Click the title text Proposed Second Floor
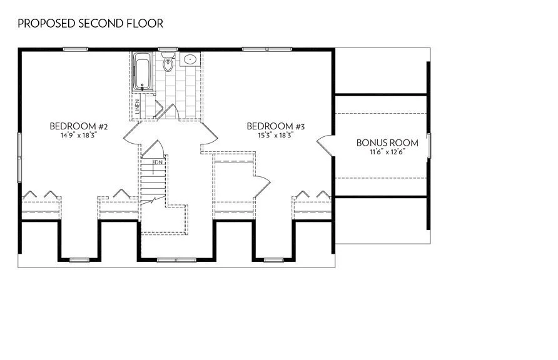tap(90, 24)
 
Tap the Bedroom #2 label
tap(79, 127)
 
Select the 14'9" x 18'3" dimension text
tap(79, 135)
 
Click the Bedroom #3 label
tap(275, 127)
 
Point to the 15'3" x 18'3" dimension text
tap(275, 135)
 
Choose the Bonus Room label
tap(387, 142)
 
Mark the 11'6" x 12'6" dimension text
tap(387, 151)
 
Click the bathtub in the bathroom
tap(143, 71)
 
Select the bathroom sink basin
tap(190, 60)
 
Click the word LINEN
tap(137, 105)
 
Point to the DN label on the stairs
tap(158, 162)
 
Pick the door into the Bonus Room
tap(325, 145)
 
